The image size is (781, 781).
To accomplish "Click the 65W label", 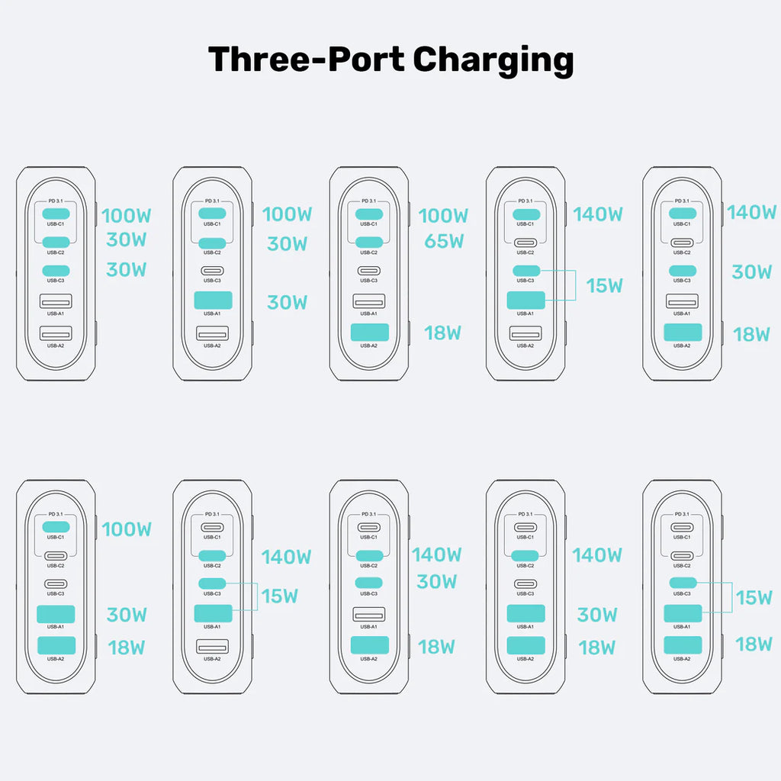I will pos(443,242).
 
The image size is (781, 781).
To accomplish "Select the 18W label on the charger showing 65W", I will pos(443,333).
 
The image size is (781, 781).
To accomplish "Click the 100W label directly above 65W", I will pos(443,216).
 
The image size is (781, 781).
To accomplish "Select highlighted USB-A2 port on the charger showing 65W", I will pos(368,333).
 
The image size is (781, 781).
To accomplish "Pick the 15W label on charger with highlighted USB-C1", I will pos(604,286).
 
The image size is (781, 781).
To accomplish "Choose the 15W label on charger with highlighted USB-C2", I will pos(279,596).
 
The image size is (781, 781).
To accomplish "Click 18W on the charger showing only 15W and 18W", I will pos(754,644).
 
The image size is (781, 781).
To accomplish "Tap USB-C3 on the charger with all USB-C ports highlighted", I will pos(56,271).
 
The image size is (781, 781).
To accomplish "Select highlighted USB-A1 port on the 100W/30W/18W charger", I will pos(56,613).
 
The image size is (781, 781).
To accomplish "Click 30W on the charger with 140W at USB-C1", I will pos(751,272).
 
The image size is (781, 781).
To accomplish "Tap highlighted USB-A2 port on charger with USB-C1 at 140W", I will pos(682,333).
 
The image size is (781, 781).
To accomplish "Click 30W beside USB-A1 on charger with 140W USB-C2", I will pos(597,615).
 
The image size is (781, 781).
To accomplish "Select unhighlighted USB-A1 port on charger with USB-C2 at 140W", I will pos(368,613).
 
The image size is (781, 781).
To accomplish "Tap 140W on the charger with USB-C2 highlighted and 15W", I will pos(286,557).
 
